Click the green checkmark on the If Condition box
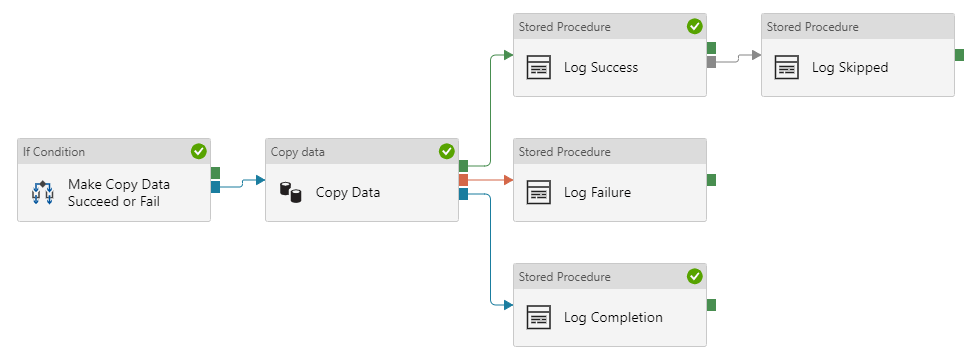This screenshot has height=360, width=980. (x=198, y=151)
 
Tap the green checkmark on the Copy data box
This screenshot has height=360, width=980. (x=446, y=151)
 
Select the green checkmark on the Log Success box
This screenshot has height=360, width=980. (x=694, y=27)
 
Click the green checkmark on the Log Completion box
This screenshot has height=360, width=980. (x=694, y=276)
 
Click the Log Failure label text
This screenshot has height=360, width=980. (x=597, y=193)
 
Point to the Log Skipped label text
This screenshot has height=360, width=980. (x=849, y=68)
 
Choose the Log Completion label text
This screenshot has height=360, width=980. (x=613, y=318)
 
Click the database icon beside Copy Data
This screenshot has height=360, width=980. (x=290, y=193)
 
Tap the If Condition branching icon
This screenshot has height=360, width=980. (x=42, y=193)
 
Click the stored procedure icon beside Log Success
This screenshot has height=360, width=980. (x=539, y=68)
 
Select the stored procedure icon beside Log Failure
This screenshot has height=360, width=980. (x=539, y=193)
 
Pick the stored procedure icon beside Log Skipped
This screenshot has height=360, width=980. (x=787, y=68)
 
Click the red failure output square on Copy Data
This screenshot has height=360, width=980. (x=463, y=180)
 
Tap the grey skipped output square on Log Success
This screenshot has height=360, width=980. (x=711, y=62)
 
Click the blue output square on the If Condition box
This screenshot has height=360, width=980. (x=215, y=186)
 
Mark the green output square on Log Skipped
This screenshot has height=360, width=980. (x=959, y=55)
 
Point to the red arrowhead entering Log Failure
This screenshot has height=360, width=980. (x=508, y=180)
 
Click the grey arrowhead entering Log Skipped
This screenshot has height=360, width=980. (x=756, y=55)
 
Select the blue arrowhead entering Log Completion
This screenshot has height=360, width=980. (x=508, y=304)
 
